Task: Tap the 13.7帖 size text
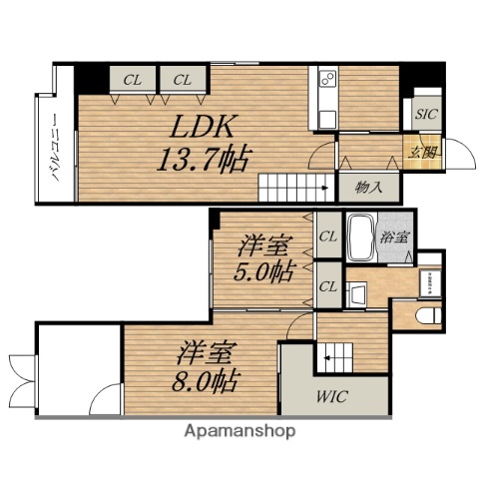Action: pyautogui.click(x=204, y=159)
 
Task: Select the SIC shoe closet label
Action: pyautogui.click(x=426, y=114)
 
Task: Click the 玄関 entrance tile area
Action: pyautogui.click(x=423, y=152)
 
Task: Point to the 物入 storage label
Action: pyautogui.click(x=368, y=188)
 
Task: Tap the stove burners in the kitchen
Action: pyautogui.click(x=327, y=79)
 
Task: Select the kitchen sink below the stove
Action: pyautogui.click(x=327, y=120)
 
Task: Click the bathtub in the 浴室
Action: pyautogui.click(x=360, y=238)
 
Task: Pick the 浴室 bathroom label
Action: pyautogui.click(x=394, y=238)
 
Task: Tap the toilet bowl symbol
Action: pyautogui.click(x=428, y=315)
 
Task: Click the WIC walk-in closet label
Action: pyautogui.click(x=332, y=396)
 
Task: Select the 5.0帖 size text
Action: pyautogui.click(x=264, y=271)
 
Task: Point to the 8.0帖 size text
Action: pyautogui.click(x=206, y=380)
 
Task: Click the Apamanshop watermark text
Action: pyautogui.click(x=239, y=431)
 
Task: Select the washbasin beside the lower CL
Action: pyautogui.click(x=356, y=294)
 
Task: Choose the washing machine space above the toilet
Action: pyautogui.click(x=430, y=283)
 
